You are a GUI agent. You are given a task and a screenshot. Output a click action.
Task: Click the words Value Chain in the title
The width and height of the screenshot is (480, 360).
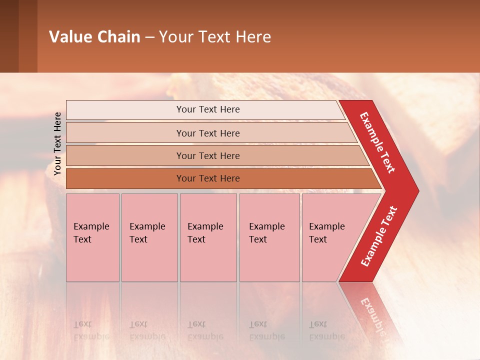(x=94, y=37)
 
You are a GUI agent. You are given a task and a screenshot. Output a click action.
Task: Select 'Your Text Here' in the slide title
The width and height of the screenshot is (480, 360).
(x=215, y=37)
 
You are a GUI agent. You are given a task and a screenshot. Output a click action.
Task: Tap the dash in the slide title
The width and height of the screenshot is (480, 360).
(x=149, y=37)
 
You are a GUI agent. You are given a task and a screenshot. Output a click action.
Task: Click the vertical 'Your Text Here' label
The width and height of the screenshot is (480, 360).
(x=57, y=143)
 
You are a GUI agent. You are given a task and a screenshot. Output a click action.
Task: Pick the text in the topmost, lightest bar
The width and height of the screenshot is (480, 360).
(x=208, y=109)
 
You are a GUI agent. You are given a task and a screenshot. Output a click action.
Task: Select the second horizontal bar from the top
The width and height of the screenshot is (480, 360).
(x=208, y=133)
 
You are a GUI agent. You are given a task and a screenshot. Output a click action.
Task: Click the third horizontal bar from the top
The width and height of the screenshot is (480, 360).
(x=208, y=155)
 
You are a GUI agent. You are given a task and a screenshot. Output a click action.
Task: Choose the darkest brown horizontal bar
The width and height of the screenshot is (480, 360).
(x=208, y=178)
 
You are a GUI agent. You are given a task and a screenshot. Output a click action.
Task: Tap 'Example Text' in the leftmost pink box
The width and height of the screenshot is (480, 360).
(x=91, y=233)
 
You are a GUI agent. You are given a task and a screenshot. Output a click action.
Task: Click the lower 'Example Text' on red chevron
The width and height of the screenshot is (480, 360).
(x=379, y=236)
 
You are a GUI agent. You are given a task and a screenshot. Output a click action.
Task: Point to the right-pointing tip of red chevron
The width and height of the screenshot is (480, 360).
(x=416, y=191)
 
